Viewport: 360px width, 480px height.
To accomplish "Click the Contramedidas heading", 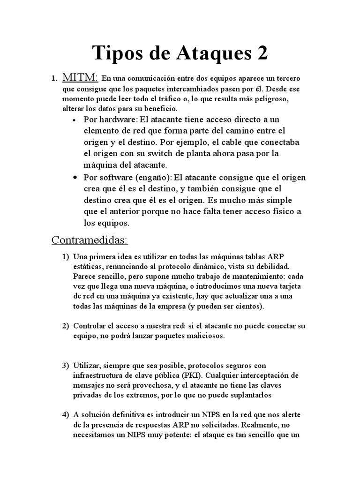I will pos(89,240).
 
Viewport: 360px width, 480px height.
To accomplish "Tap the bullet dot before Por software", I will pos(75,178).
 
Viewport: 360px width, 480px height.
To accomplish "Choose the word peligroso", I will pos(258,100).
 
